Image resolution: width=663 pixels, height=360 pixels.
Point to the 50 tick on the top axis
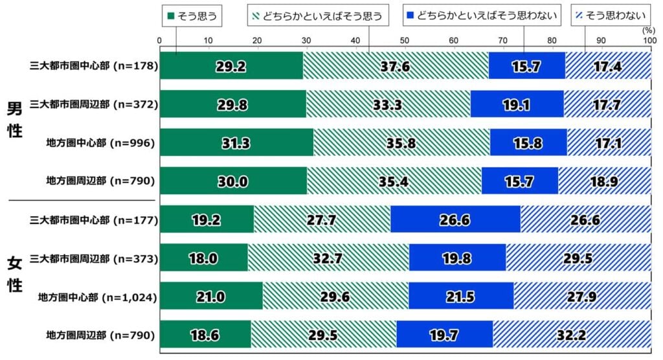405,41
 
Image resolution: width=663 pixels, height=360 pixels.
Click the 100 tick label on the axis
648,41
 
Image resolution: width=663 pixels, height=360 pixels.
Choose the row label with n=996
101,142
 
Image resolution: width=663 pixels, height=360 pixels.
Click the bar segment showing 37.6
396,66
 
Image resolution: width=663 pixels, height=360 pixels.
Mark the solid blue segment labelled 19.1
517,104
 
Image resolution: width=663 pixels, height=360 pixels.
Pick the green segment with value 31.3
236,142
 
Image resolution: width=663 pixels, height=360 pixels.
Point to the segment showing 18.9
604,181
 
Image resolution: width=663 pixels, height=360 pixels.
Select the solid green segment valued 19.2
207,220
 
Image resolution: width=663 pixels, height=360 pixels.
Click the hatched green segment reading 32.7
328,258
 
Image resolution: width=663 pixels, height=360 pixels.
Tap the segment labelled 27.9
582,297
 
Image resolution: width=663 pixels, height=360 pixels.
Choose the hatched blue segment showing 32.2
572,335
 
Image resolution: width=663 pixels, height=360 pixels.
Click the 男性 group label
14,118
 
